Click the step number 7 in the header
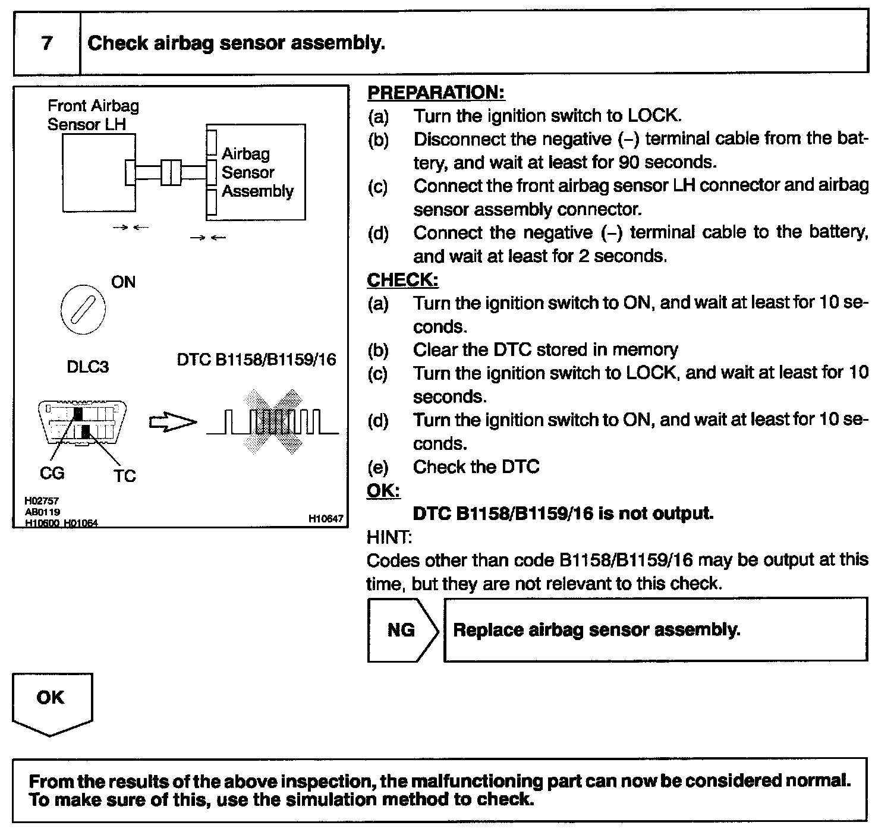[x=47, y=43]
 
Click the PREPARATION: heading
[x=436, y=93]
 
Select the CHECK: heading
[x=402, y=280]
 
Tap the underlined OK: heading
[x=383, y=490]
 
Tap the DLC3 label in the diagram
[x=87, y=367]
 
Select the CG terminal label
[x=52, y=473]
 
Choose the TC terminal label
[x=125, y=476]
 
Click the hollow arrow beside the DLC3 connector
[x=172, y=423]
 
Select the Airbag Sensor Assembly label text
[x=257, y=172]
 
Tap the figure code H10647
[x=326, y=519]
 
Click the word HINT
[x=389, y=537]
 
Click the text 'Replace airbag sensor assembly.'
[x=596, y=630]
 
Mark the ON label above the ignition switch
[x=123, y=282]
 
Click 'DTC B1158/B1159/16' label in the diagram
[x=256, y=360]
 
